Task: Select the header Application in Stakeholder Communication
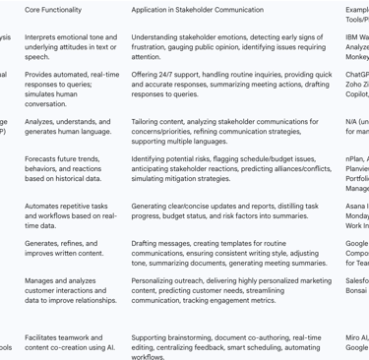(201, 10)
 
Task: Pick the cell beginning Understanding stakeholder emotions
(228, 45)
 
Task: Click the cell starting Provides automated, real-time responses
(72, 89)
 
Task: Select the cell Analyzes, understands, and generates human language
(69, 126)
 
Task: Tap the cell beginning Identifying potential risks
(228, 168)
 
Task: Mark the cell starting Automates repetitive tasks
(70, 215)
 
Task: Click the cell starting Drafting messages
(228, 253)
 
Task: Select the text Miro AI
(356, 337)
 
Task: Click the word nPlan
(355, 158)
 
